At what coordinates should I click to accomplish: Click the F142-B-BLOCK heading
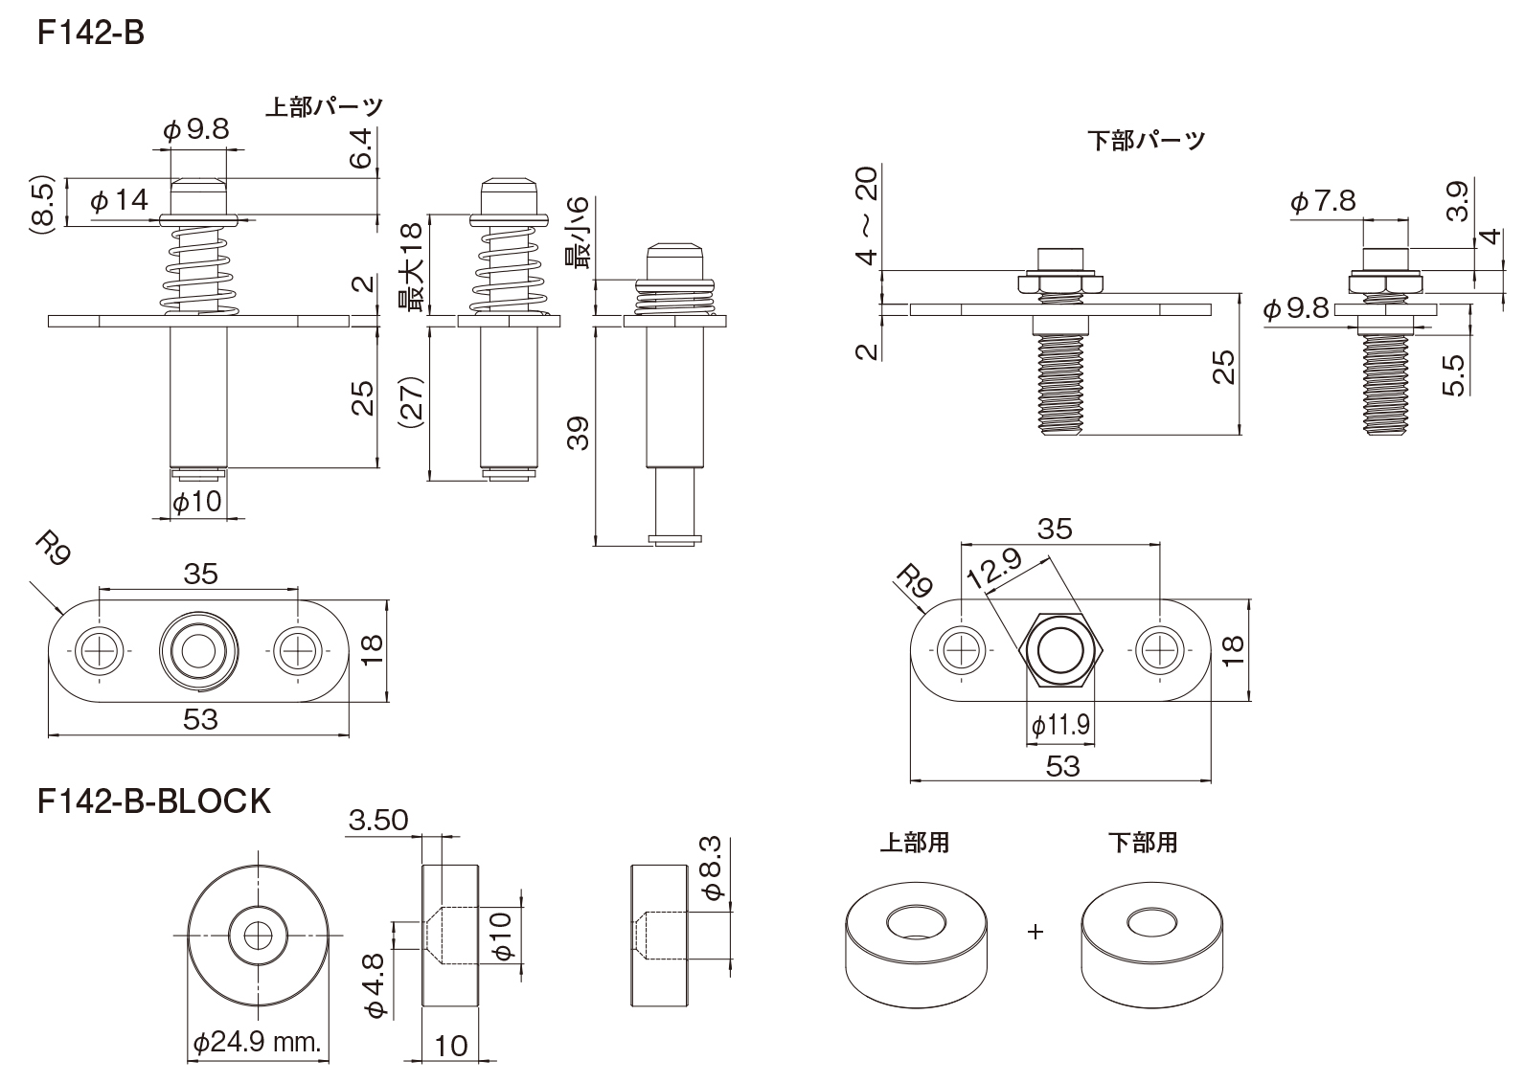point(154,801)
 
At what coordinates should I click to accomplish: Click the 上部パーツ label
point(324,106)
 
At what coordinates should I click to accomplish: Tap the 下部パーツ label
point(1147,141)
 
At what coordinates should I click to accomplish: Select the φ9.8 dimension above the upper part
point(196,130)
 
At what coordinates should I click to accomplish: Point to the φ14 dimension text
point(119,201)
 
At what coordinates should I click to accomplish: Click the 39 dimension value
point(577,434)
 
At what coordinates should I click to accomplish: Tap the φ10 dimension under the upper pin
point(197,501)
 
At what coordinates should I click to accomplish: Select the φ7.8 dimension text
point(1322,202)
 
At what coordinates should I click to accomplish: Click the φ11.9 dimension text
point(1060,725)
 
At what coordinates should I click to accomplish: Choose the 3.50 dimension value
point(378,821)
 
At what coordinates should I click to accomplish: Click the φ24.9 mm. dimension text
point(257,1043)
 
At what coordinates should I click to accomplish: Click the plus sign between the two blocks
point(1035,931)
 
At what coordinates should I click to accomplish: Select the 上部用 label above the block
point(915,844)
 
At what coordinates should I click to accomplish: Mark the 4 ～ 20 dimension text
point(866,215)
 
